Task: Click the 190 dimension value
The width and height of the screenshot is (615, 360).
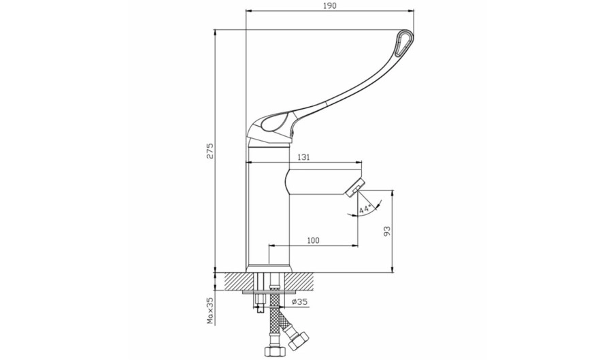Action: [330, 5]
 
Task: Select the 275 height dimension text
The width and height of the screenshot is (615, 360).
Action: [210, 150]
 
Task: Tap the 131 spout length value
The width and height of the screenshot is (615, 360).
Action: [303, 157]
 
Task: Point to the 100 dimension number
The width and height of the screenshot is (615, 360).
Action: [313, 240]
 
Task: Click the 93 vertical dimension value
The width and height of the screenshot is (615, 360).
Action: [387, 231]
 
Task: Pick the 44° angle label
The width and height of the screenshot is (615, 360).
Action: [365, 209]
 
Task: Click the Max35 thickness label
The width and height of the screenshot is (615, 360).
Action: [210, 311]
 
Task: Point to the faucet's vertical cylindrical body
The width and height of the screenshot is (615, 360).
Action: [268, 208]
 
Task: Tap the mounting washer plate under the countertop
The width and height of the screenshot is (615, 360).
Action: [269, 292]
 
